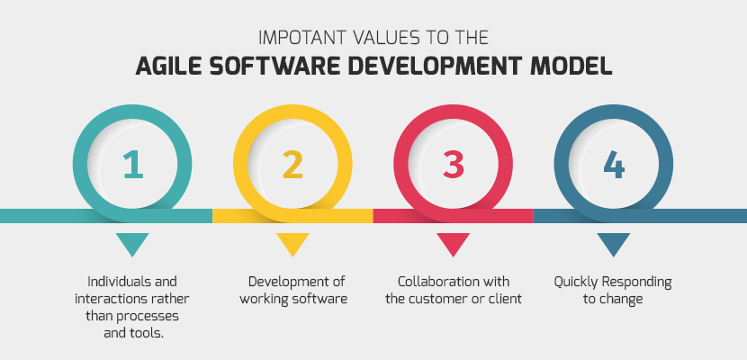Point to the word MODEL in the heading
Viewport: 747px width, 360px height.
575,66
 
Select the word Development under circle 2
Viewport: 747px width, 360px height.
284,282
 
